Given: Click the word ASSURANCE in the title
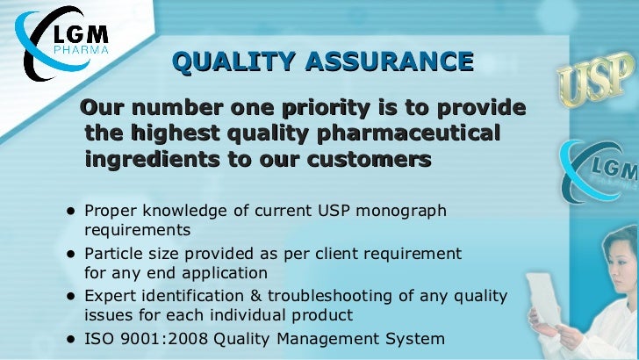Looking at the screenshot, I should [x=388, y=61].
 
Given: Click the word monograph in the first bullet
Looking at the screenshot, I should [x=407, y=212].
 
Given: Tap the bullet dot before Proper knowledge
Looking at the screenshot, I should [x=68, y=212].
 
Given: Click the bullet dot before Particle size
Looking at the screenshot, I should [x=68, y=254].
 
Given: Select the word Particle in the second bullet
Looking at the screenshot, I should [x=111, y=254].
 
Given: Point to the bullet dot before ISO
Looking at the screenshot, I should [x=68, y=338].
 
